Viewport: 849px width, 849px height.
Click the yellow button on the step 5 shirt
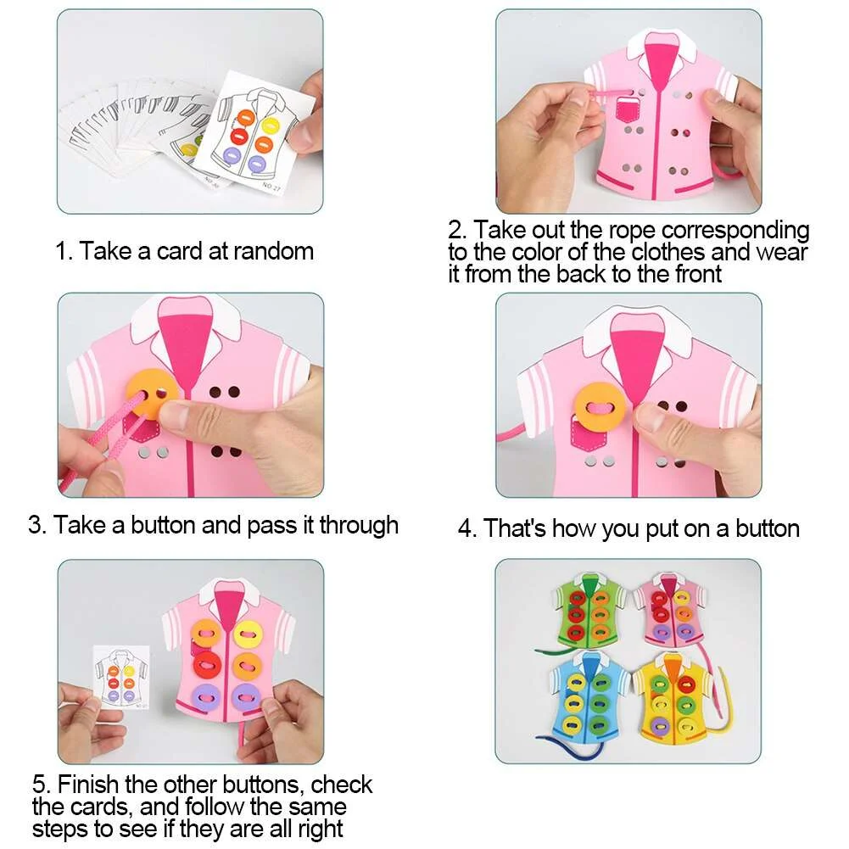pos(249,633)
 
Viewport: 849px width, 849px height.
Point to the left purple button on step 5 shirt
pos(208,700)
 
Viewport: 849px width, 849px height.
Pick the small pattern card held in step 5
pos(122,677)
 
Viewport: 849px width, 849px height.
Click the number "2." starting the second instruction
pos(457,231)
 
